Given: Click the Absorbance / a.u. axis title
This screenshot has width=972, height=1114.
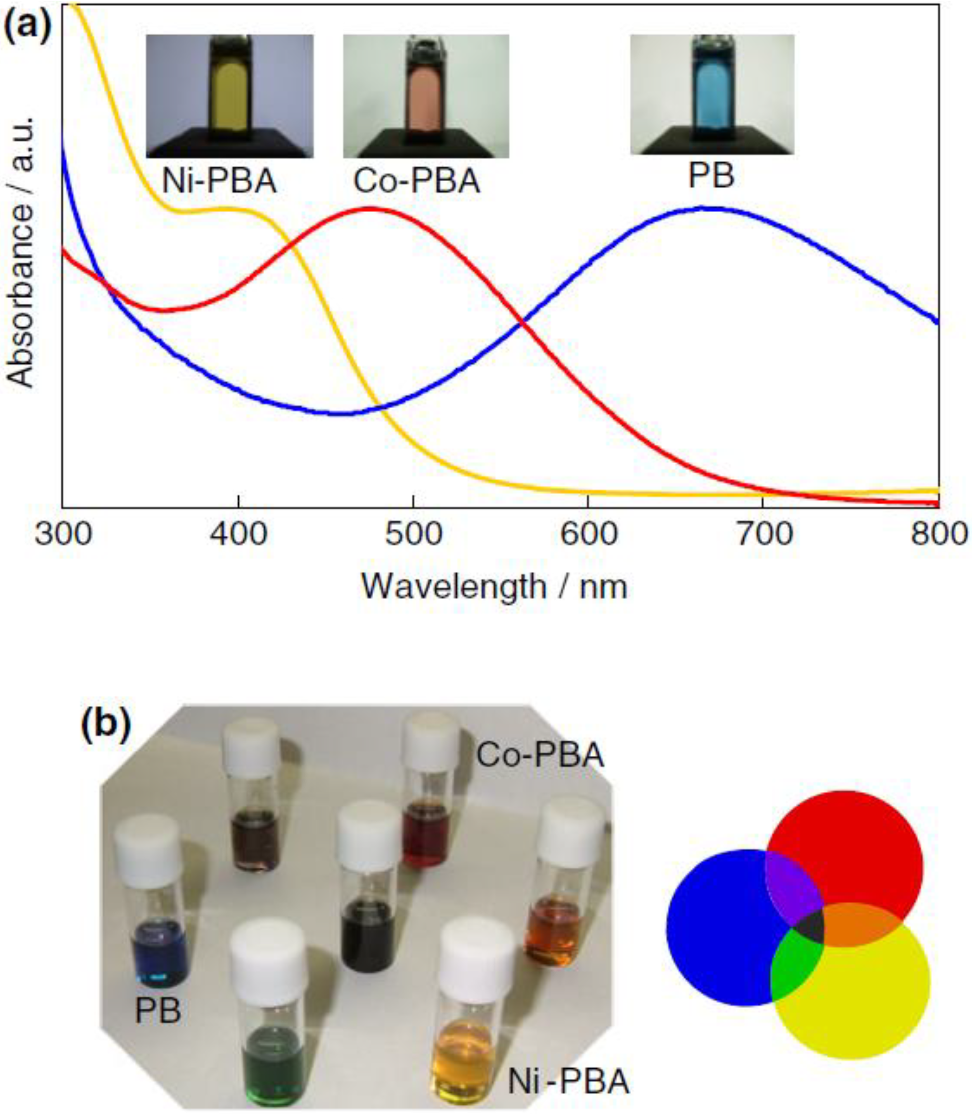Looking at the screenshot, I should click(22, 252).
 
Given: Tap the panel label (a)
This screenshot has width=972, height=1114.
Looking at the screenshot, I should click(27, 24).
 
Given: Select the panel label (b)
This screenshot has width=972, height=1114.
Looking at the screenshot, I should click(106, 724).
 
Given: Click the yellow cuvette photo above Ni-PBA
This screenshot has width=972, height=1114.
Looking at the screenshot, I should click(230, 96).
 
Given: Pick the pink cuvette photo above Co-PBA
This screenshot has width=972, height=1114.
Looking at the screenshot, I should click(426, 96).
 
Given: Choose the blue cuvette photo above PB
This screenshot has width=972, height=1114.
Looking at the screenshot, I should click(712, 94).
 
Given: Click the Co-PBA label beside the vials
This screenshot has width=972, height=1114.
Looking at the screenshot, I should click(540, 755).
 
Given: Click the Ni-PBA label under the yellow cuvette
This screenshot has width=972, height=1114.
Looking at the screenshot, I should click(219, 181).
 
